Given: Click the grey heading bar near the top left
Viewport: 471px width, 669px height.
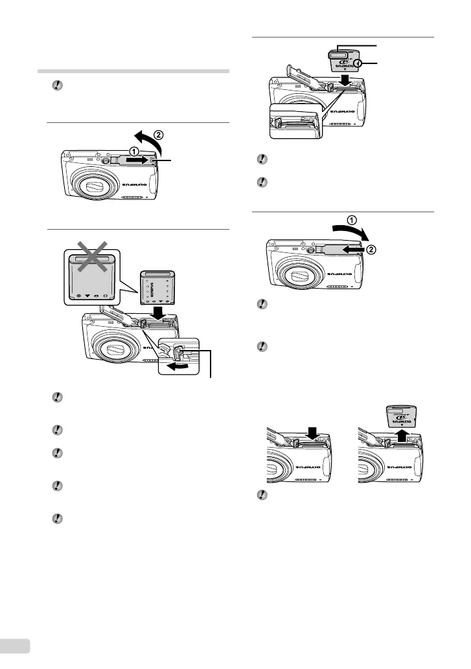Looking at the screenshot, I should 133,72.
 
